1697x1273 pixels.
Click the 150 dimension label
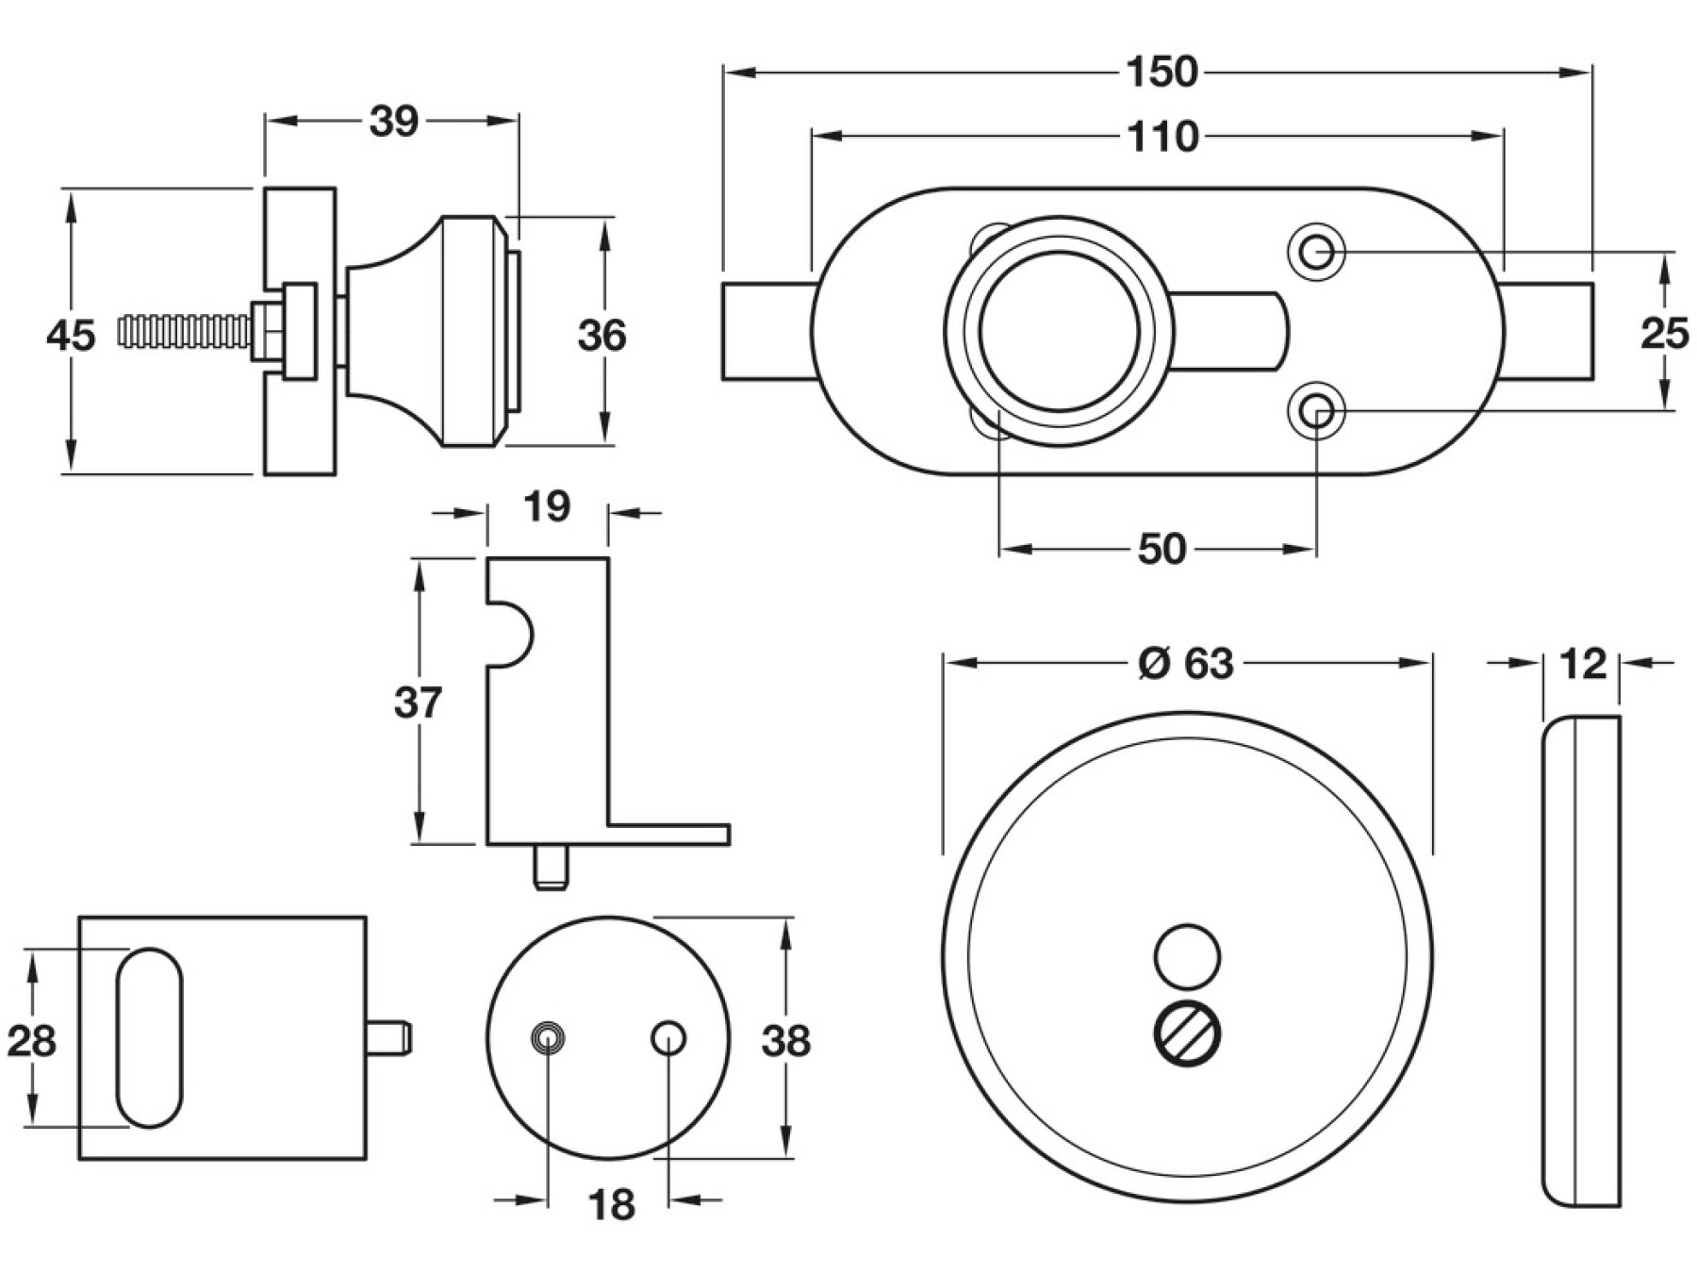click(1162, 73)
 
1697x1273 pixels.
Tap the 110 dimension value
click(1163, 138)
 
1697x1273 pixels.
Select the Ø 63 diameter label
click(1186, 664)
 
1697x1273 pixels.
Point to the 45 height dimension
click(71, 336)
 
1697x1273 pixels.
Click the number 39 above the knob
click(393, 122)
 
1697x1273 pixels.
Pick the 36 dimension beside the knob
click(601, 336)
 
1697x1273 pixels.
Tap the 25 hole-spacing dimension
click(1664, 334)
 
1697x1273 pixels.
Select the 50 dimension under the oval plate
click(1161, 549)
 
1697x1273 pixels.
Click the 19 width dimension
click(547, 507)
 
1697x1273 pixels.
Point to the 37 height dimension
click(418, 703)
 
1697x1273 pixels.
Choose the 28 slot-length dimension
click(31, 1041)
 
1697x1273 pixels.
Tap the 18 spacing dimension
click(611, 1205)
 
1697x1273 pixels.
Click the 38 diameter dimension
click(785, 1041)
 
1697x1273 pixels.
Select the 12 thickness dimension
click(1582, 665)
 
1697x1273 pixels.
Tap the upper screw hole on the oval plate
click(1316, 252)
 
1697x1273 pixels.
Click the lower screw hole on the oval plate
click(1316, 412)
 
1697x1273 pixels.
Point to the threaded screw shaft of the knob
click(184, 331)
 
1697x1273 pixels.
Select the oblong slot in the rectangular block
click(149, 1037)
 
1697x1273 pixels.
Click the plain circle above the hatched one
click(1187, 956)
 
